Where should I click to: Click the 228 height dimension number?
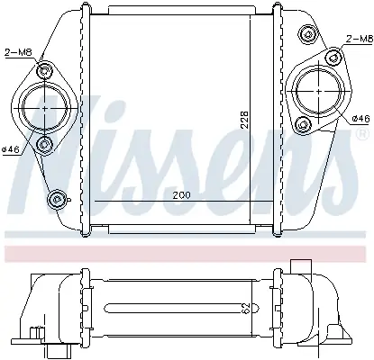[x=245, y=120]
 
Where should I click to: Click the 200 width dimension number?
[x=181, y=195]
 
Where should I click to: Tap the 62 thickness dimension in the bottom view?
[x=246, y=309]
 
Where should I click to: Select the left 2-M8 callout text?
[x=18, y=53]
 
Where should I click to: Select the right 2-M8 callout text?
[x=360, y=39]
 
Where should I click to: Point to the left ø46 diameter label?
[x=11, y=149]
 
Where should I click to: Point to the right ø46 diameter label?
[x=360, y=119]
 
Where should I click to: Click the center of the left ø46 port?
[x=45, y=107]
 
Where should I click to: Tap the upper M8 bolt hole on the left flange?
[x=44, y=71]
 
